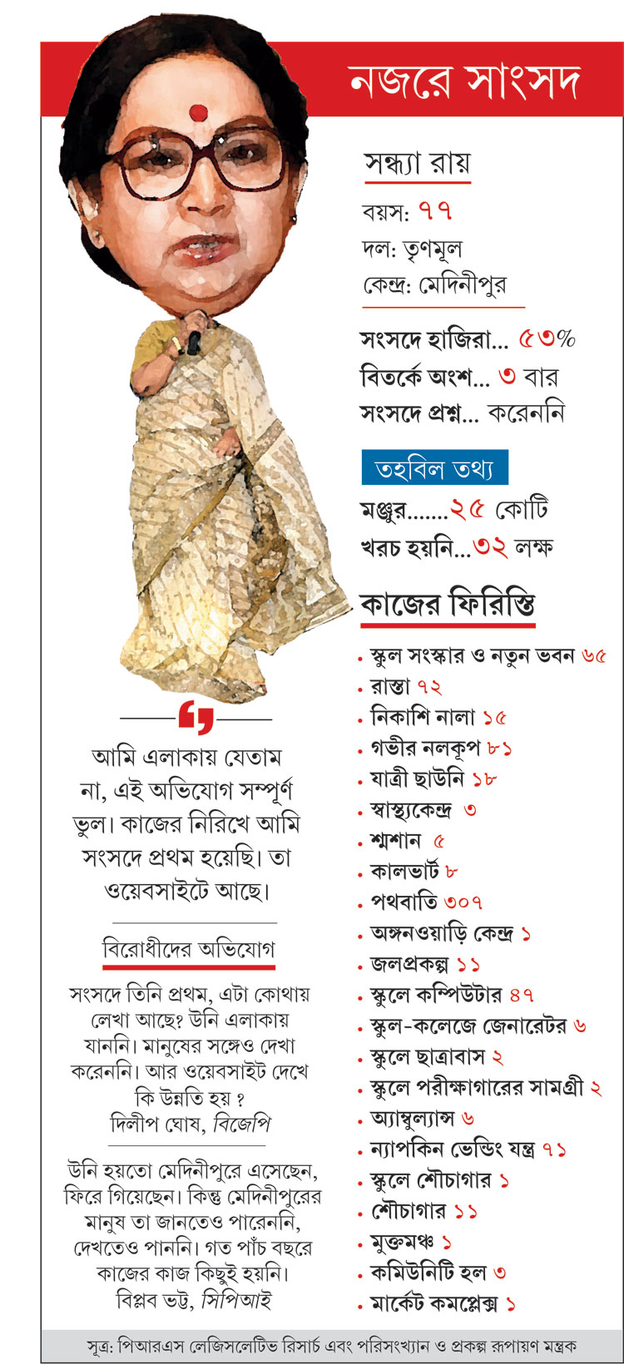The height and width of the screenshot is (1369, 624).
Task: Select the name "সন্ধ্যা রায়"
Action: [417, 163]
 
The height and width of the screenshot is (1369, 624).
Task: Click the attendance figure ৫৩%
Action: [547, 339]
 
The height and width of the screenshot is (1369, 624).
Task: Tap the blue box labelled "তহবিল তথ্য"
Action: [434, 469]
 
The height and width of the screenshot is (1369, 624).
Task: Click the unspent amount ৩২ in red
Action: [491, 547]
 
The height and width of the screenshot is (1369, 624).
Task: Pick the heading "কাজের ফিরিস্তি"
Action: [447, 604]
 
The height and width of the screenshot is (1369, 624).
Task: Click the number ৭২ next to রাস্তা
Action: [429, 687]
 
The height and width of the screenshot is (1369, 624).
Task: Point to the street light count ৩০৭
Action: [463, 902]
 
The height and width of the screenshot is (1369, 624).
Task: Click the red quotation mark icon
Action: [196, 717]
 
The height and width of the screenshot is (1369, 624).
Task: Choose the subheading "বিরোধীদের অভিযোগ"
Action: [189, 949]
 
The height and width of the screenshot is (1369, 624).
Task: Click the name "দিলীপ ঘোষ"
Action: [158, 1124]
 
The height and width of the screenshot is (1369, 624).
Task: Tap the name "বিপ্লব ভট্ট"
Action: [154, 1300]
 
